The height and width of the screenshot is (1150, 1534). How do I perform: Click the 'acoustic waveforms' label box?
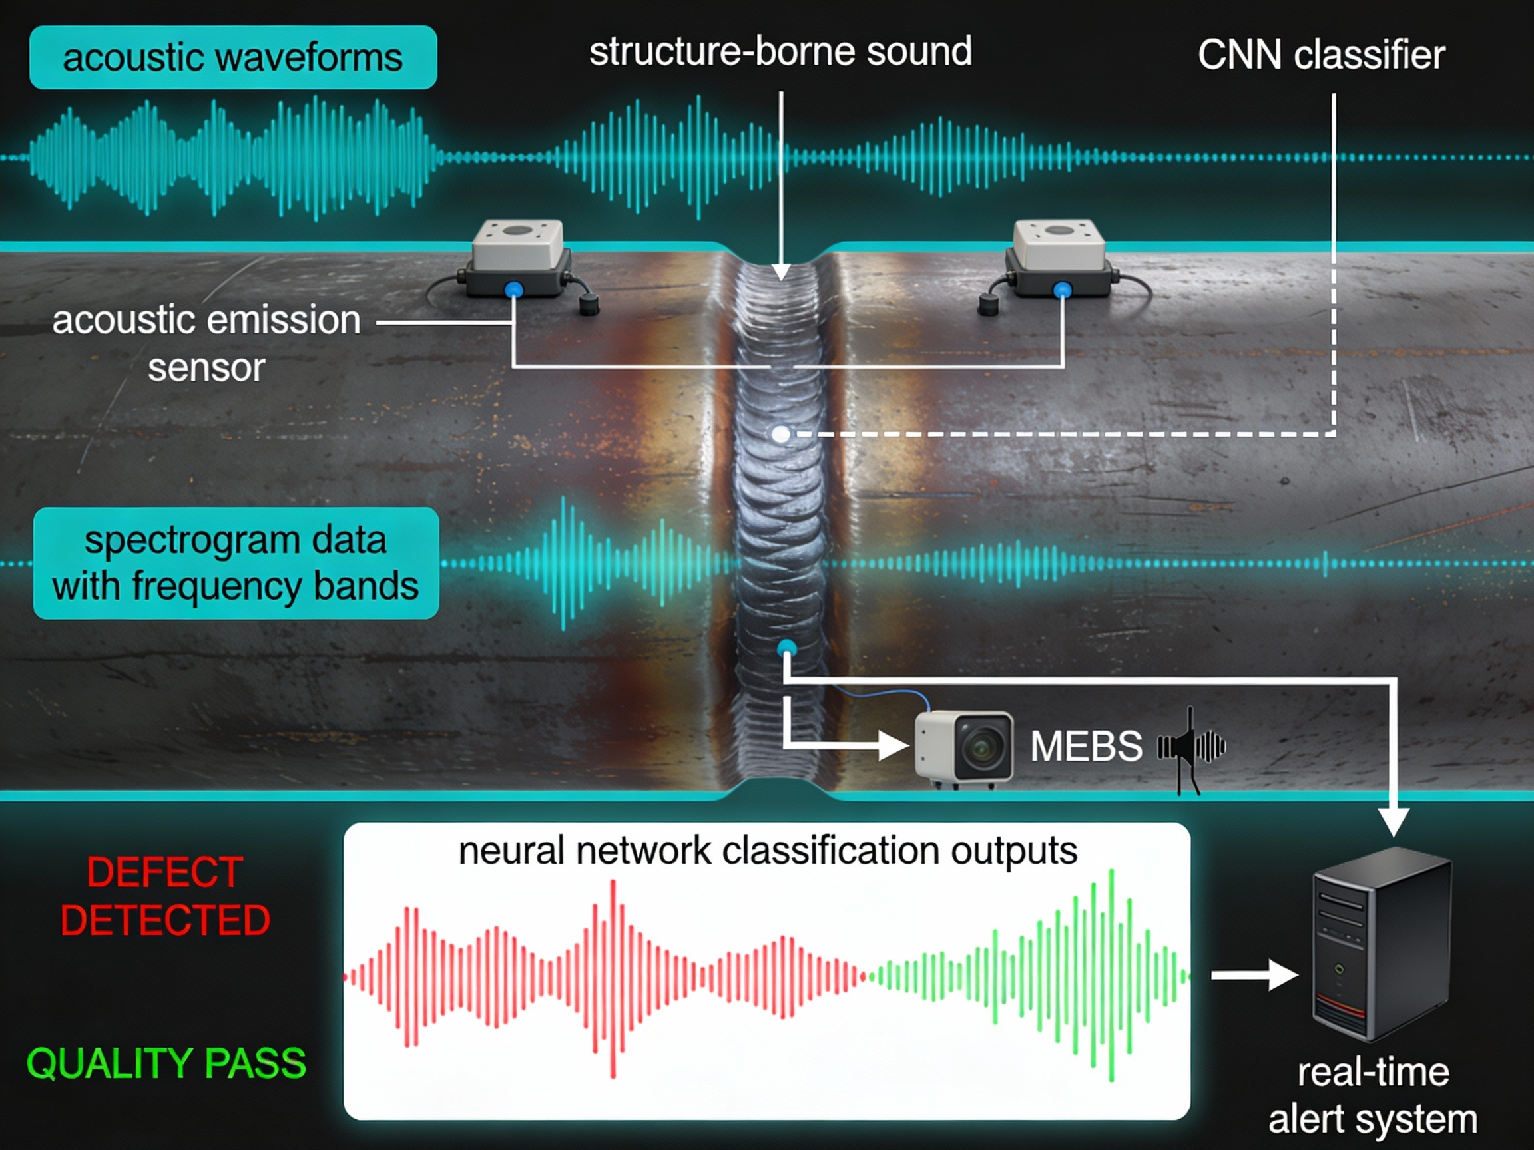coord(233,57)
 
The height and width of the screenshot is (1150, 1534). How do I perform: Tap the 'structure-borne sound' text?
coord(780,52)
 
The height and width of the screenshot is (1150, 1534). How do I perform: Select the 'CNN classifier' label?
coord(1321,55)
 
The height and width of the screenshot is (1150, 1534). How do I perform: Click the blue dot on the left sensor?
coord(513,289)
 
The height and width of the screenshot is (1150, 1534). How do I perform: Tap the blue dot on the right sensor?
coord(1062,289)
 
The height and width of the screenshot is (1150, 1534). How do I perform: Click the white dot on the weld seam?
coord(781,434)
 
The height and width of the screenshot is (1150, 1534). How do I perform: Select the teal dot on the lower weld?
coord(786,649)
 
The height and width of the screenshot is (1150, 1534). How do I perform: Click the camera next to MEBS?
coord(964,749)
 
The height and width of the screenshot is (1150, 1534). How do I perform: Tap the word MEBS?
coord(1086,747)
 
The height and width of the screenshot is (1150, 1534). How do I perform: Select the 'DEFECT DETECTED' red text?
coord(165,896)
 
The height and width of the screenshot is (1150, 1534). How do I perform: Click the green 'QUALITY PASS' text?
coord(166,1063)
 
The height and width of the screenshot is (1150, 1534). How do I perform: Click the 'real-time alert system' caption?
coord(1373,1095)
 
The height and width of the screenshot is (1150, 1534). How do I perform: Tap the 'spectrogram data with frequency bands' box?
coord(236,563)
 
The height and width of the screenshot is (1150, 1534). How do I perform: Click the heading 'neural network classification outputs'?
coord(768,851)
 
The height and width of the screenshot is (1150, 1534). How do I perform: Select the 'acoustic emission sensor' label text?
coord(206,344)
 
